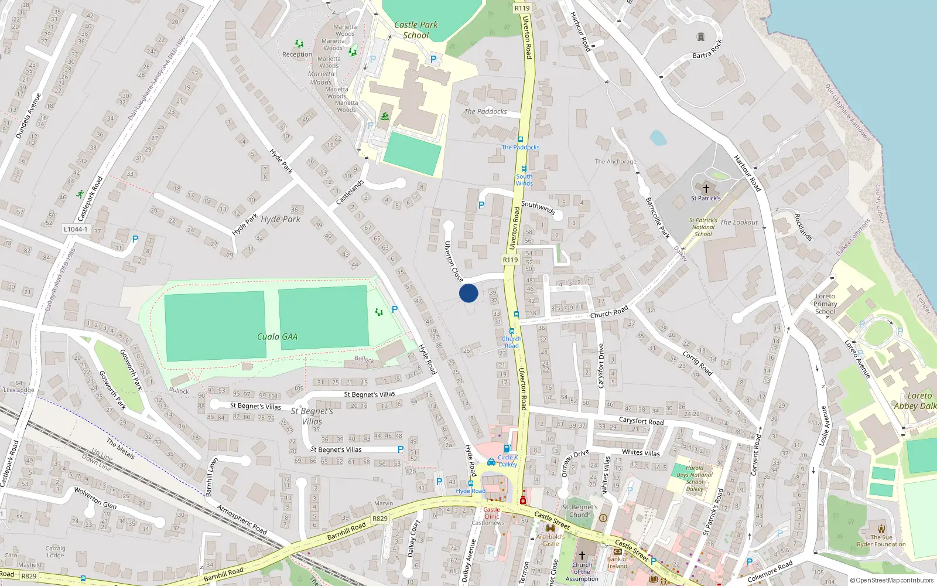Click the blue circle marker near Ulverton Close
468,293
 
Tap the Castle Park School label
416,30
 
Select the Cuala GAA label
277,337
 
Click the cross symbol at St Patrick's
706,189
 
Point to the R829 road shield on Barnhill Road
380,519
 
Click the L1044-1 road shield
76,229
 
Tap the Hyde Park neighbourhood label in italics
281,219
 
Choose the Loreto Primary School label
825,304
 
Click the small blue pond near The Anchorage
658,138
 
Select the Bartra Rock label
707,50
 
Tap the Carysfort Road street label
641,421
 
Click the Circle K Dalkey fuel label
508,461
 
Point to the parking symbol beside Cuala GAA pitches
395,309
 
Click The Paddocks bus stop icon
520,139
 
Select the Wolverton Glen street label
95,498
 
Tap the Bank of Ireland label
617,563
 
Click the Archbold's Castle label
550,540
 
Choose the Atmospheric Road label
242,520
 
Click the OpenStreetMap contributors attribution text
892,581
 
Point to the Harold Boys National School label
695,478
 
